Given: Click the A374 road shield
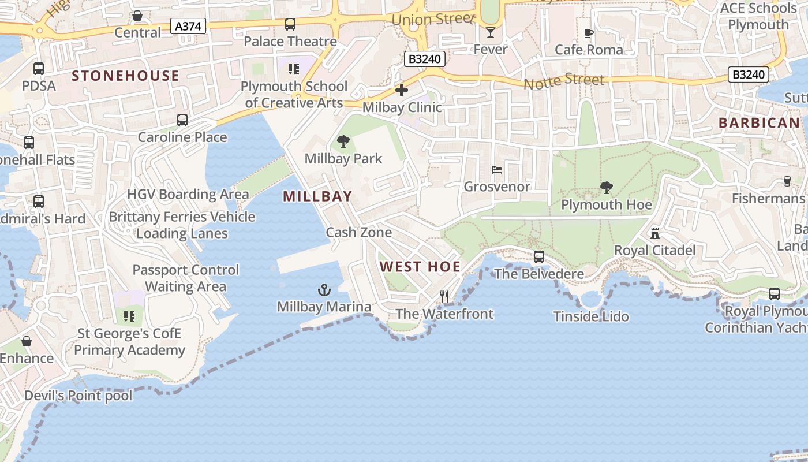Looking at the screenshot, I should point(189,25).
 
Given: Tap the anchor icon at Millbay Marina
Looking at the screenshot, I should point(324,289).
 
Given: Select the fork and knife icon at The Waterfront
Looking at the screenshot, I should point(444,297).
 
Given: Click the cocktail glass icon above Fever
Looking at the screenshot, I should point(491,32).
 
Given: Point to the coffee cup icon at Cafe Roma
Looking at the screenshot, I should point(589,33).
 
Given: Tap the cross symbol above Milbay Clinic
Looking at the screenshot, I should point(402,90).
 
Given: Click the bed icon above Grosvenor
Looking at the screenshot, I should point(497,170).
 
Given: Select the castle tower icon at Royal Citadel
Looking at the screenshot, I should point(654,233).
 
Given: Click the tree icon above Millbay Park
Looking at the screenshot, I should point(343,141).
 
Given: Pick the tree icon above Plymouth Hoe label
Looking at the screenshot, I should point(606,187).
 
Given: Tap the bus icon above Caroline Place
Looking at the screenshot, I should point(182,120).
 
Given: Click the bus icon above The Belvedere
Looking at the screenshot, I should point(538,257).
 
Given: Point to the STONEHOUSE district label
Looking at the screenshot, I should point(125,76).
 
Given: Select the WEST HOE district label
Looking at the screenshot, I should point(420,266).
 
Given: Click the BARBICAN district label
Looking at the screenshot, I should point(759,122).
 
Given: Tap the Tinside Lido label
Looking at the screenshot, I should point(591,316).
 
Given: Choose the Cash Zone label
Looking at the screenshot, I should point(359,232).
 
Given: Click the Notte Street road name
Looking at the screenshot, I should point(564,81).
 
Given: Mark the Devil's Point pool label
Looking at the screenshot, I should point(78,396).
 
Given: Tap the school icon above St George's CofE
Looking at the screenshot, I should point(129,316).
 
